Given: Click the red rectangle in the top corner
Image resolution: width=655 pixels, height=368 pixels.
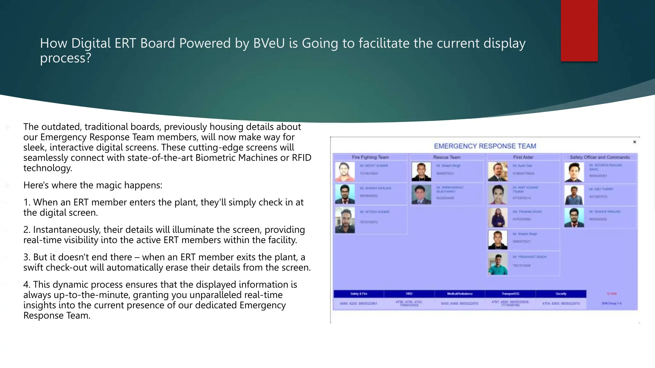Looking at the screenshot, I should click(x=579, y=30).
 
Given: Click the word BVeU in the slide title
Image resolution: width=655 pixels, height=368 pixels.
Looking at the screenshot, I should click(x=269, y=43).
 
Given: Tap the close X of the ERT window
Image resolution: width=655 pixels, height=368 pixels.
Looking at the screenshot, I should click(x=635, y=142).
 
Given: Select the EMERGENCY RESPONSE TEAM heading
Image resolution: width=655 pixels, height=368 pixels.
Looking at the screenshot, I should click(x=485, y=146).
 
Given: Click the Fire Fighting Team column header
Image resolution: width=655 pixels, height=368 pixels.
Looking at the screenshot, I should click(x=370, y=157).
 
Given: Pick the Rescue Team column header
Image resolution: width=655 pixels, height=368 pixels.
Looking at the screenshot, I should click(x=446, y=157).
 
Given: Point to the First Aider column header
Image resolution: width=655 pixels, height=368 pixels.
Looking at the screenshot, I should click(x=523, y=157).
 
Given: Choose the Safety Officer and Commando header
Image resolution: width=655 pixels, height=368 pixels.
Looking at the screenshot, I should click(x=600, y=157).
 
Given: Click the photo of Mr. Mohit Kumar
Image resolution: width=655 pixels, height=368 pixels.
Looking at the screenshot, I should click(x=345, y=172).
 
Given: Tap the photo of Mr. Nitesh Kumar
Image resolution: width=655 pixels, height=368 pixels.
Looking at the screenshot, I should click(x=345, y=220).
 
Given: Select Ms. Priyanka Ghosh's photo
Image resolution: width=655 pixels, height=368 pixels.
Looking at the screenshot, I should click(x=498, y=217).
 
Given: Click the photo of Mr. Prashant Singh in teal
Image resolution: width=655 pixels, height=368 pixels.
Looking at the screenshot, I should click(x=498, y=264).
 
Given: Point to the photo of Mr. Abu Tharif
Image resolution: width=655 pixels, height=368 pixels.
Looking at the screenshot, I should click(x=574, y=195).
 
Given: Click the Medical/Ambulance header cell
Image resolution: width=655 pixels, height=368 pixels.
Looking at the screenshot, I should click(x=460, y=294).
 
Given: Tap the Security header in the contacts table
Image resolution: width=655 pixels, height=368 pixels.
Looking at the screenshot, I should click(x=561, y=294).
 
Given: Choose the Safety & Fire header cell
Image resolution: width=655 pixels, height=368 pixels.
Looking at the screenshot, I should click(x=359, y=294).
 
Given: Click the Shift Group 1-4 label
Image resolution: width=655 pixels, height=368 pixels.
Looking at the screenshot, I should click(x=611, y=303).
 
